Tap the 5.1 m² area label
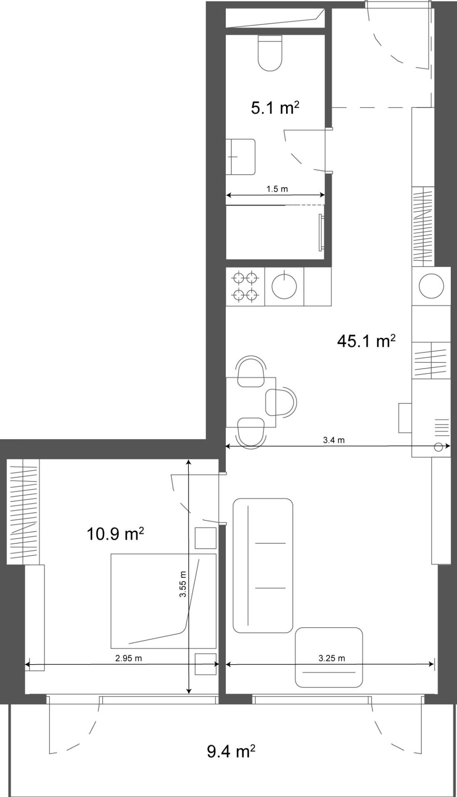click(274, 108)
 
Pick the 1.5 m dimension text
click(277, 189)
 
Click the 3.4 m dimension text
click(334, 440)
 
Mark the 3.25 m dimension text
click(332, 658)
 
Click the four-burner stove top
click(245, 286)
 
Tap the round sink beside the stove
click(284, 286)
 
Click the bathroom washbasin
click(241, 157)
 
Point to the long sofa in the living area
click(263, 566)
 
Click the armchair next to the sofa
click(328, 657)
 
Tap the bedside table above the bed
click(206, 538)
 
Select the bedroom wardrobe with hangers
click(23, 511)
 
